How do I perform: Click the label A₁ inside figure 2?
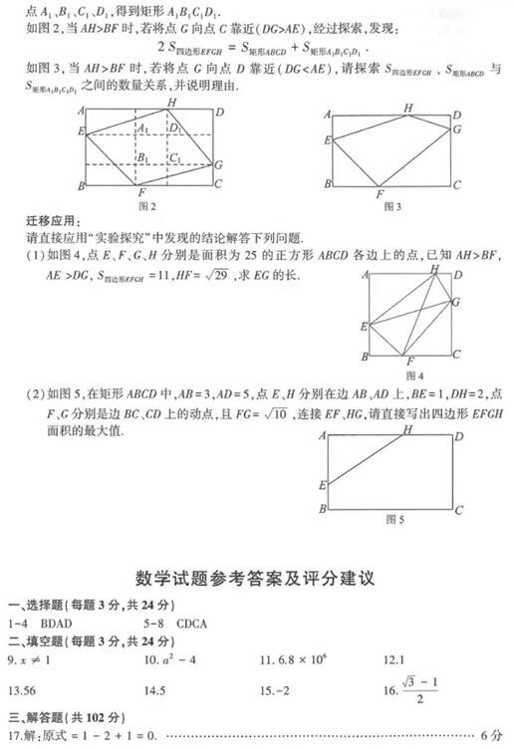[143, 128]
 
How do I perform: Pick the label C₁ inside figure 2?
[174, 158]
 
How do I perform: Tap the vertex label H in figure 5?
[406, 429]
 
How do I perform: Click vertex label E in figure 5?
[323, 486]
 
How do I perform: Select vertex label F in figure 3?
[380, 194]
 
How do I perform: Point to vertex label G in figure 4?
[456, 300]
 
